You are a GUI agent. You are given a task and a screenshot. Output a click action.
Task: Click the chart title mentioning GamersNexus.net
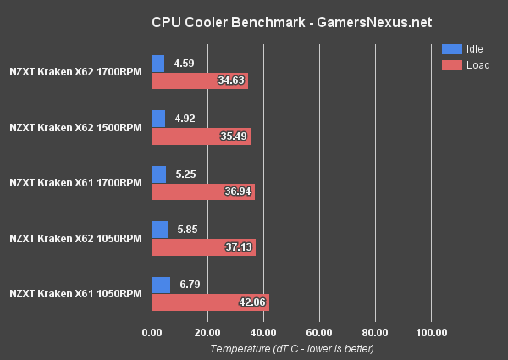click(x=253, y=20)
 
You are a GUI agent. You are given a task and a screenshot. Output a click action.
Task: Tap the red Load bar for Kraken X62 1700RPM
click(x=200, y=81)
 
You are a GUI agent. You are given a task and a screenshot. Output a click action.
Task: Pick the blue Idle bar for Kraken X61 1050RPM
click(x=161, y=285)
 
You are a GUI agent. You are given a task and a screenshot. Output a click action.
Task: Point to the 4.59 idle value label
click(x=185, y=63)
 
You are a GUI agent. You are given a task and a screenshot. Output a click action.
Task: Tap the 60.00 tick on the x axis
click(x=318, y=332)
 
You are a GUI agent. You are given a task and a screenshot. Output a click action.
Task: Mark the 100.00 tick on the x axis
click(x=431, y=332)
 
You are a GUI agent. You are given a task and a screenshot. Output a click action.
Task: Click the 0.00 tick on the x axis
click(x=152, y=332)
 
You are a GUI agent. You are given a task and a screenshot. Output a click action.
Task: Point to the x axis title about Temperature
click(x=291, y=348)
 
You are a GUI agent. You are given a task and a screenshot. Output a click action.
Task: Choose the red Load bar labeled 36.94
click(x=203, y=192)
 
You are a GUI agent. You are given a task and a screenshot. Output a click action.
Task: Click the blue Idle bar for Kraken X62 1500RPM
click(x=158, y=119)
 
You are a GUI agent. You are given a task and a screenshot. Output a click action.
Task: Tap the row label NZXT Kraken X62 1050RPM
click(x=75, y=239)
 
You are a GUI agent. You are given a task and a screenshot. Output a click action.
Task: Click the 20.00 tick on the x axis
click(x=207, y=332)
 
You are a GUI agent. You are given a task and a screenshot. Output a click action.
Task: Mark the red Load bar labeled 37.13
click(x=203, y=248)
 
